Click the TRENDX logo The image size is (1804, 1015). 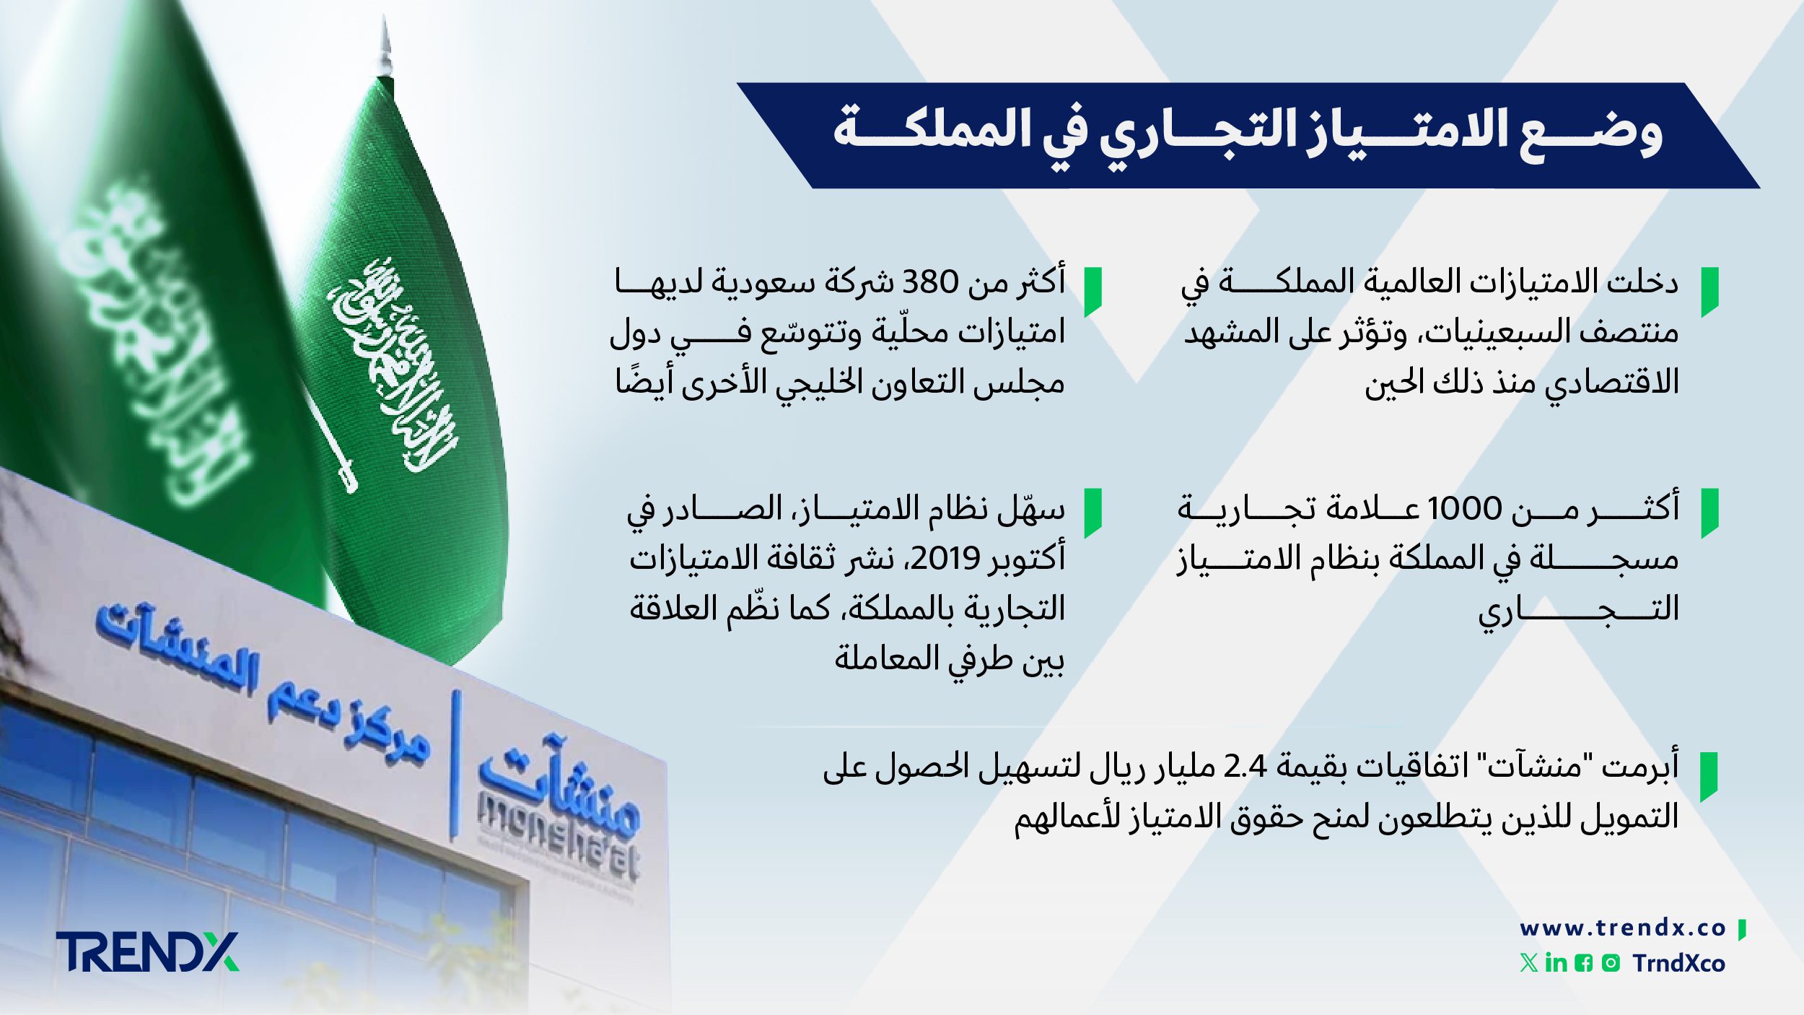(x=147, y=951)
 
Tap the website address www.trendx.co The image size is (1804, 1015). (x=1622, y=928)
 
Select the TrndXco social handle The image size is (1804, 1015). (x=1678, y=963)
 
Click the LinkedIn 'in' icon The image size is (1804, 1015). (x=1556, y=963)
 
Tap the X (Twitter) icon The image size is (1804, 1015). (x=1528, y=963)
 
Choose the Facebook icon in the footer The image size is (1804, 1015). (x=1583, y=963)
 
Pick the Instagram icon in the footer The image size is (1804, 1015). (x=1611, y=963)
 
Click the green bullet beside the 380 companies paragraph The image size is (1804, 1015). (x=1093, y=291)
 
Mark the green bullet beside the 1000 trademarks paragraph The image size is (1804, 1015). (x=1709, y=513)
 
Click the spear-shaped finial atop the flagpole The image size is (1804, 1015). (x=385, y=47)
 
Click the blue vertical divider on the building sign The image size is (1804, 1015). (x=455, y=765)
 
